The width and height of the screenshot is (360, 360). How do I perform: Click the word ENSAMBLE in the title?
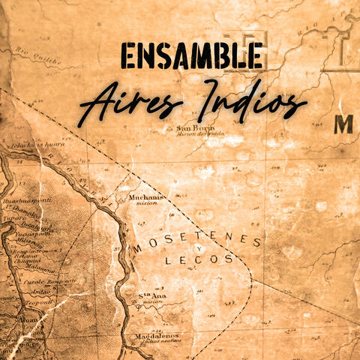pyautogui.click(x=191, y=57)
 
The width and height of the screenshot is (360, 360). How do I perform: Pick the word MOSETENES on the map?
pyautogui.click(x=198, y=242)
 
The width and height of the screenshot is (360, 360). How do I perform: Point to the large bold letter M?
pyautogui.click(x=343, y=124)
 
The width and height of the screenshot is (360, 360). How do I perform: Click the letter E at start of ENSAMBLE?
pyautogui.click(x=129, y=57)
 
